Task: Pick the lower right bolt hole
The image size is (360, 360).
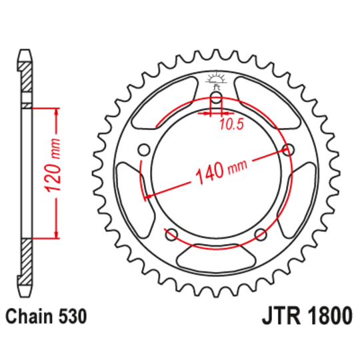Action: pos(261,233)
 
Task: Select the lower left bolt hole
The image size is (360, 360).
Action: pos(171,233)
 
